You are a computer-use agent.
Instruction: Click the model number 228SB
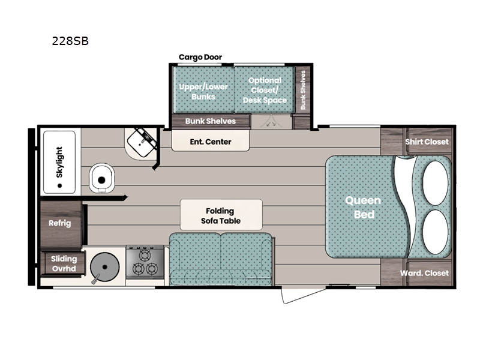coord(70,41)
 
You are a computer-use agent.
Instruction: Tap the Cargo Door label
coord(200,57)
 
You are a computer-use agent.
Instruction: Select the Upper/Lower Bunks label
coord(203,92)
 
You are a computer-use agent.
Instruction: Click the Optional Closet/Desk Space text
coord(265,91)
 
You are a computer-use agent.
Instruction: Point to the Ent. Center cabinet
coord(211,141)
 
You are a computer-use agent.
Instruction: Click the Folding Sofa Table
coord(221,215)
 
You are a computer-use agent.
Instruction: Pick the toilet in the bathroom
coord(101,178)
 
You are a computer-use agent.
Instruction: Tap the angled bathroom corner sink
coord(142,143)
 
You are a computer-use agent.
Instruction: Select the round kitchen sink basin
coord(104,267)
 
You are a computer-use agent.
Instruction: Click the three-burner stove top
coord(145,262)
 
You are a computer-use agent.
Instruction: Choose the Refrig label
coord(59,223)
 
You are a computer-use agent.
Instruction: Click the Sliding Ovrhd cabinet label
coord(64,263)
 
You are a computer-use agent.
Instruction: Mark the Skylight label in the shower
coord(59,162)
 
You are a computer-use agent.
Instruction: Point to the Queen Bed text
coord(364,207)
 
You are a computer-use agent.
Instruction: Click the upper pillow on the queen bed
coord(436,183)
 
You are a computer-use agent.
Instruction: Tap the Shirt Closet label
coord(427,142)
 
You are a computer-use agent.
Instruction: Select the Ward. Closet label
coord(424,273)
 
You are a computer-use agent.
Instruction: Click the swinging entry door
coord(304,296)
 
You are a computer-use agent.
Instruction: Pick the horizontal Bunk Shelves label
coord(211,121)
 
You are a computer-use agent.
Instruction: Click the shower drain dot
coord(59,186)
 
